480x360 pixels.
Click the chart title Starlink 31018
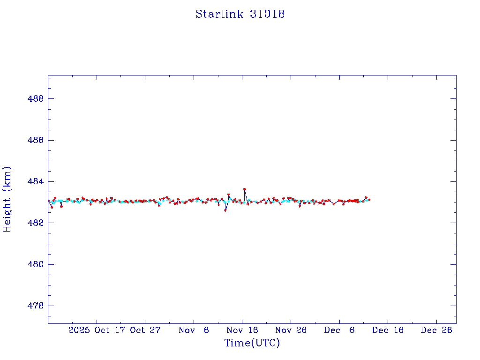pyautogui.click(x=240, y=14)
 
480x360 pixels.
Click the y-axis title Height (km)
pyautogui.click(x=7, y=199)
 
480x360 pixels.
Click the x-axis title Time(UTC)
pyautogui.click(x=252, y=343)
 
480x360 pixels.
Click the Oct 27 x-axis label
pyautogui.click(x=145, y=330)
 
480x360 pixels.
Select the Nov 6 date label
pyautogui.click(x=194, y=330)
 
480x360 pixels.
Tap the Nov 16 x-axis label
pyautogui.click(x=242, y=330)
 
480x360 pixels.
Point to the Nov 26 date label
pyautogui.click(x=291, y=330)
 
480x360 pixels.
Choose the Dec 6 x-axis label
pyautogui.click(x=339, y=330)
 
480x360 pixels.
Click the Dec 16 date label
pyautogui.click(x=388, y=330)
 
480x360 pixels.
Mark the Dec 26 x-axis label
pyautogui.click(x=436, y=330)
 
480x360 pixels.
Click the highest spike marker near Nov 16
pyautogui.click(x=245, y=189)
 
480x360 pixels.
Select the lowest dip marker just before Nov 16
pyautogui.click(x=225, y=210)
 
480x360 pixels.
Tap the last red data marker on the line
pyautogui.click(x=369, y=200)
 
